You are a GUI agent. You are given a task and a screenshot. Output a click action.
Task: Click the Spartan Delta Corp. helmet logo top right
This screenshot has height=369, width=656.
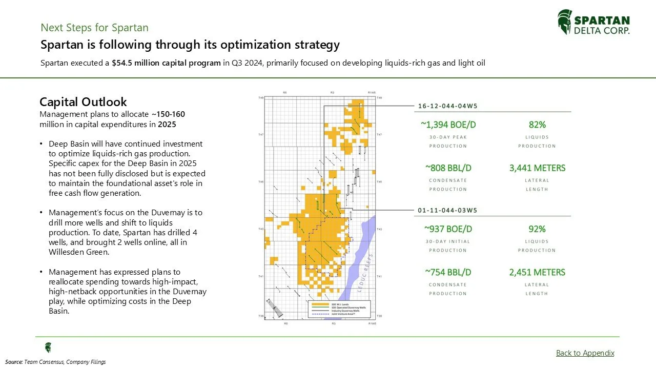pyautogui.click(x=564, y=22)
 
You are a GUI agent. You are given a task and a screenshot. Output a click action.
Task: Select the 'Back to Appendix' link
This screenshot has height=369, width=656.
pyautogui.click(x=585, y=353)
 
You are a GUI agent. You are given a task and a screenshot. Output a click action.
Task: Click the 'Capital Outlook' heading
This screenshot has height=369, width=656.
pyautogui.click(x=83, y=101)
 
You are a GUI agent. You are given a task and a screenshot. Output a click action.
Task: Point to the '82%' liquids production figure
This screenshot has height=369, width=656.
pyautogui.click(x=537, y=125)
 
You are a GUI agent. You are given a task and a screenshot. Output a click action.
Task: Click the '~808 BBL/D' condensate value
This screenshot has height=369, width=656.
pyautogui.click(x=447, y=168)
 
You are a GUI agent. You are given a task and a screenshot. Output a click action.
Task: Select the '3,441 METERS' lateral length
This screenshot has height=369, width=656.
pyautogui.click(x=537, y=168)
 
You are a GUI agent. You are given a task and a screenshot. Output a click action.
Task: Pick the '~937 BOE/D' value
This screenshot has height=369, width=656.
pyautogui.click(x=447, y=229)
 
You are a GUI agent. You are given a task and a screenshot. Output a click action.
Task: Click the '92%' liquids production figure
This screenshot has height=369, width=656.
pyautogui.click(x=537, y=229)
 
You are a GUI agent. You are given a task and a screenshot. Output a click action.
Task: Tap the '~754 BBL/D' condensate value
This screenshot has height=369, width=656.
pyautogui.click(x=447, y=272)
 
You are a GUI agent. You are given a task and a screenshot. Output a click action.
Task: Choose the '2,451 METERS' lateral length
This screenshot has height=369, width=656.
pyautogui.click(x=537, y=272)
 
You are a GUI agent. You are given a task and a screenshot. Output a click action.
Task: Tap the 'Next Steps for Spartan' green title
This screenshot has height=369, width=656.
pyautogui.click(x=94, y=28)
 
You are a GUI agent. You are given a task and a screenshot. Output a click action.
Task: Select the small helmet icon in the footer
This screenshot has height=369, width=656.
pyautogui.click(x=48, y=347)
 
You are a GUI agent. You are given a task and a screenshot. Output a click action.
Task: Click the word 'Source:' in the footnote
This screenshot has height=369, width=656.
pyautogui.click(x=14, y=362)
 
